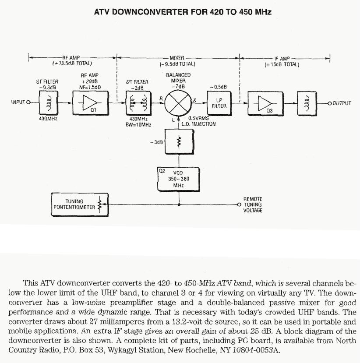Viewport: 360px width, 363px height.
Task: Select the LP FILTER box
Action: (x=219, y=103)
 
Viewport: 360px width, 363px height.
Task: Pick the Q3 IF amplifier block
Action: (x=265, y=103)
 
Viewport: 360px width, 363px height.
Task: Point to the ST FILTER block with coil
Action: (x=46, y=103)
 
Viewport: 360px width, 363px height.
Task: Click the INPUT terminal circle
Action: (x=28, y=103)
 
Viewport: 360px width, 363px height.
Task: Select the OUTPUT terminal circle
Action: (x=329, y=103)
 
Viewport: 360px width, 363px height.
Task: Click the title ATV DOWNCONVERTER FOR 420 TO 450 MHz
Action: (x=183, y=12)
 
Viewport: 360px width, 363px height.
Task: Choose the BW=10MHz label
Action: (x=138, y=125)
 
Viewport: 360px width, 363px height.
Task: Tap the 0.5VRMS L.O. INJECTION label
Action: (x=199, y=121)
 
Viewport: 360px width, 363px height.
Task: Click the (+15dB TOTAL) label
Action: (x=282, y=64)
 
